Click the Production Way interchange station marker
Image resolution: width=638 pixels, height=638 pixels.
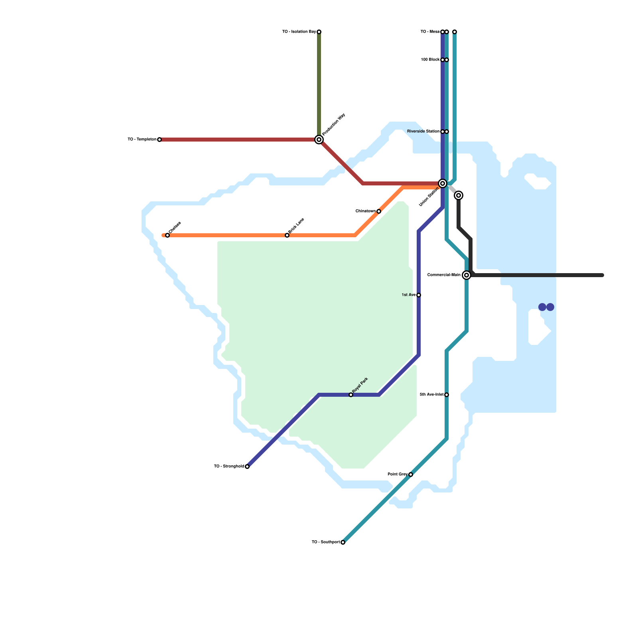(x=319, y=140)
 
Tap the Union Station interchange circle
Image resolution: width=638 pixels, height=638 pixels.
(x=443, y=183)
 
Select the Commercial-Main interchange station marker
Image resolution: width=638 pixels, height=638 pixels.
(x=467, y=275)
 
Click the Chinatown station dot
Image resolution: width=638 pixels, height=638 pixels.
(x=379, y=211)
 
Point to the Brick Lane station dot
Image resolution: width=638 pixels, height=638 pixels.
(x=287, y=235)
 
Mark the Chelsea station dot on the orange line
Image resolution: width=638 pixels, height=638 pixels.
(x=167, y=235)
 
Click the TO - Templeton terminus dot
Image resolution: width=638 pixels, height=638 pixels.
(x=159, y=140)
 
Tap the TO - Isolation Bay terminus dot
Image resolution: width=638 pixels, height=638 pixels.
(x=319, y=32)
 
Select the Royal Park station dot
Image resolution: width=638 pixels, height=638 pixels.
(x=351, y=395)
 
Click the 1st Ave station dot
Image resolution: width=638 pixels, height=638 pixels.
(x=419, y=295)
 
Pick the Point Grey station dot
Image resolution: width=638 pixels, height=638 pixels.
(x=411, y=475)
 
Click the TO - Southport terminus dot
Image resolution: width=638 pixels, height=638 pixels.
(x=343, y=542)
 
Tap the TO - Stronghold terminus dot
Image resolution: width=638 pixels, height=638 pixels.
(x=247, y=467)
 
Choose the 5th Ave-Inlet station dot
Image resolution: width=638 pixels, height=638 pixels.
(x=447, y=395)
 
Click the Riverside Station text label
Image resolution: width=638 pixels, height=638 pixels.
(x=423, y=132)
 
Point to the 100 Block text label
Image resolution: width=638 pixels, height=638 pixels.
(x=430, y=60)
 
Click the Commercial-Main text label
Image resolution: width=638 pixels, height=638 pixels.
(x=443, y=275)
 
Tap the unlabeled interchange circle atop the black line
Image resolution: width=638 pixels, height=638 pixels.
(x=459, y=195)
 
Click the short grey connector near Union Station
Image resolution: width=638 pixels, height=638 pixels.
(x=451, y=189)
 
